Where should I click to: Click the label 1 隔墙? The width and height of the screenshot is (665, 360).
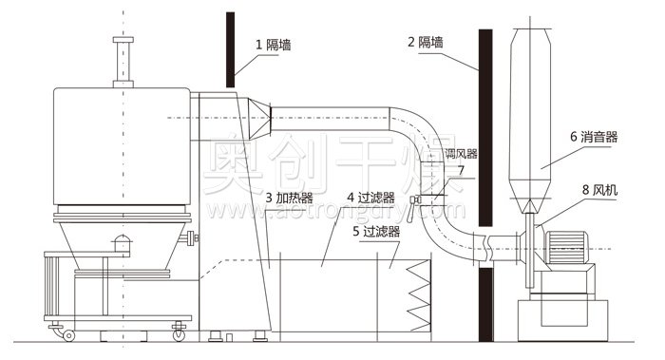(x=274, y=43)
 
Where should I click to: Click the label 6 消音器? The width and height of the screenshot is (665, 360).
(x=594, y=137)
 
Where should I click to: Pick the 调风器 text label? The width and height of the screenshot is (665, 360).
(x=461, y=153)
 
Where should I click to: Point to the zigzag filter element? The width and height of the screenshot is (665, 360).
(x=419, y=294)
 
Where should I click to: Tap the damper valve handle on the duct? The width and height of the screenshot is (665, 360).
(x=415, y=200)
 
